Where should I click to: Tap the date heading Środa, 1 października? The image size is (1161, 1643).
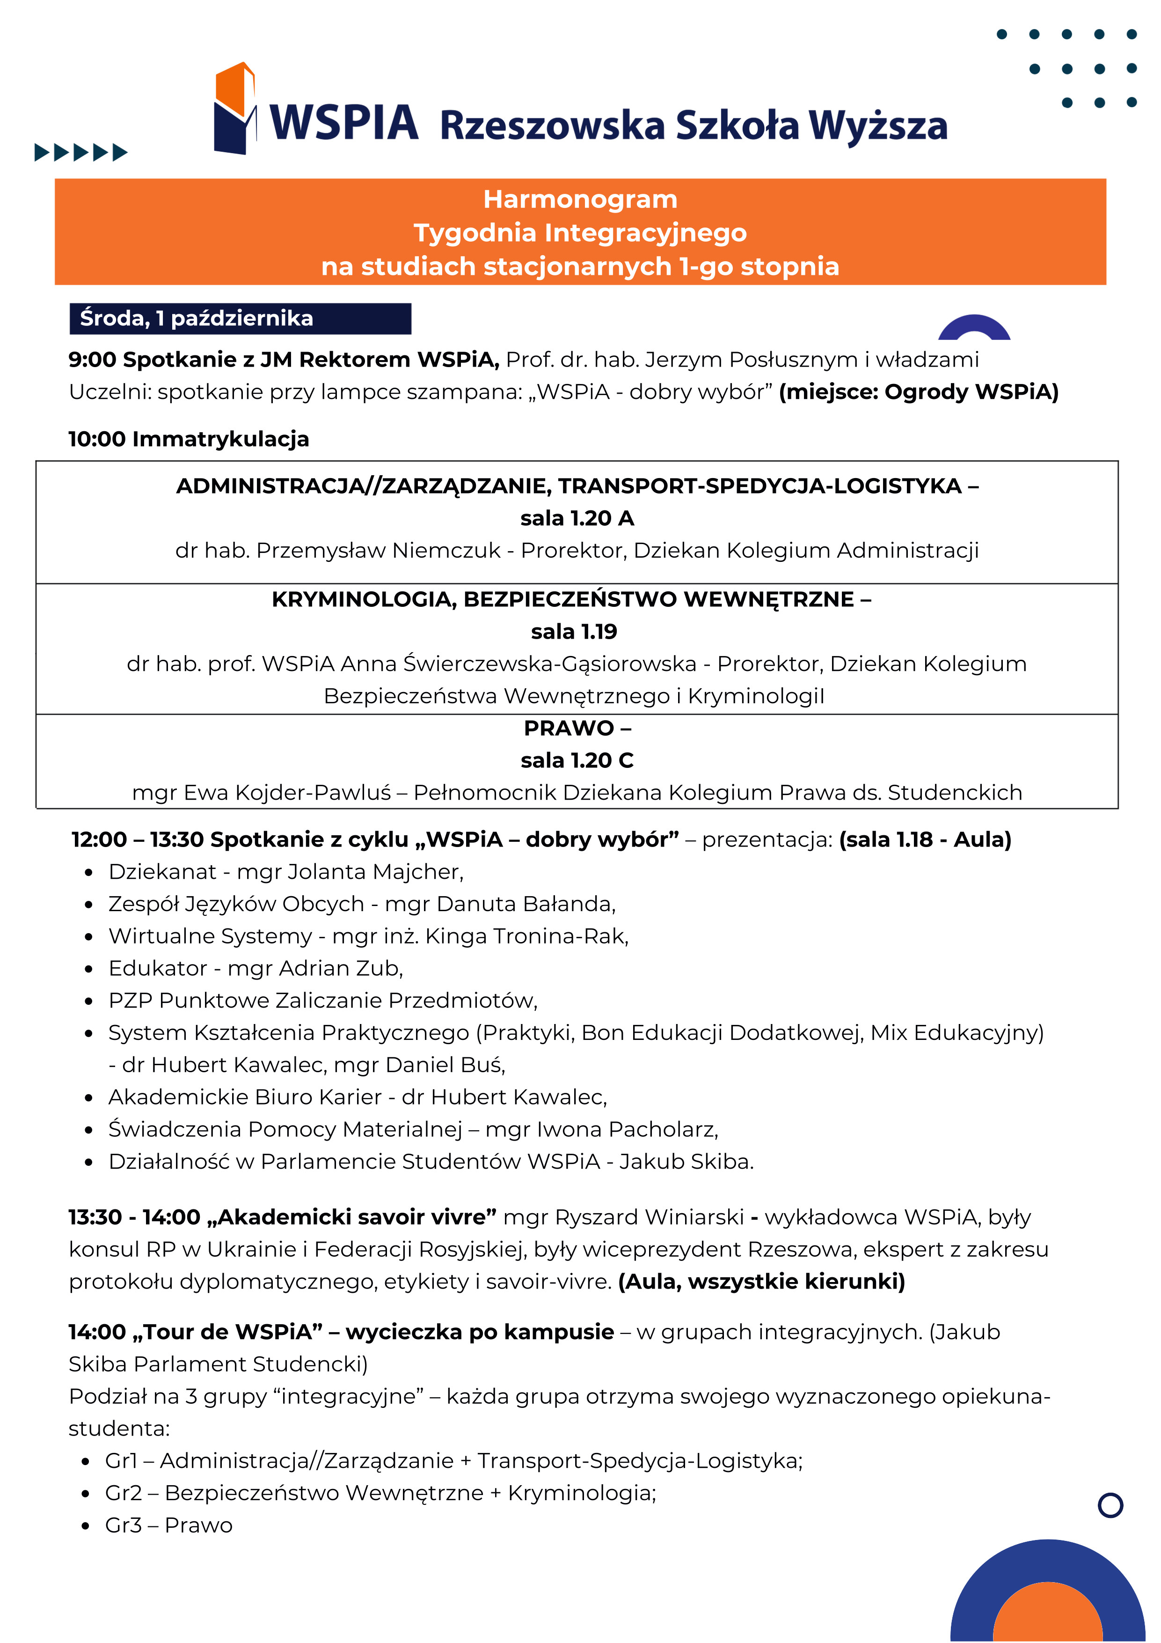point(197,318)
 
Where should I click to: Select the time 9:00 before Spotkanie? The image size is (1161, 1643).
point(92,359)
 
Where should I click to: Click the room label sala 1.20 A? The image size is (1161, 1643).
point(577,518)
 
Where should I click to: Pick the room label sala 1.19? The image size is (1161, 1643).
point(574,631)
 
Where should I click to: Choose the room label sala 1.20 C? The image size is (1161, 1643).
point(577,760)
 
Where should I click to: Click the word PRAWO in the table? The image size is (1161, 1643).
point(569,728)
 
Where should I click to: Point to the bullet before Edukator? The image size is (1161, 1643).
point(89,969)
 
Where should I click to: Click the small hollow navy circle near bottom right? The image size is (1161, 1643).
point(1110,1505)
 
